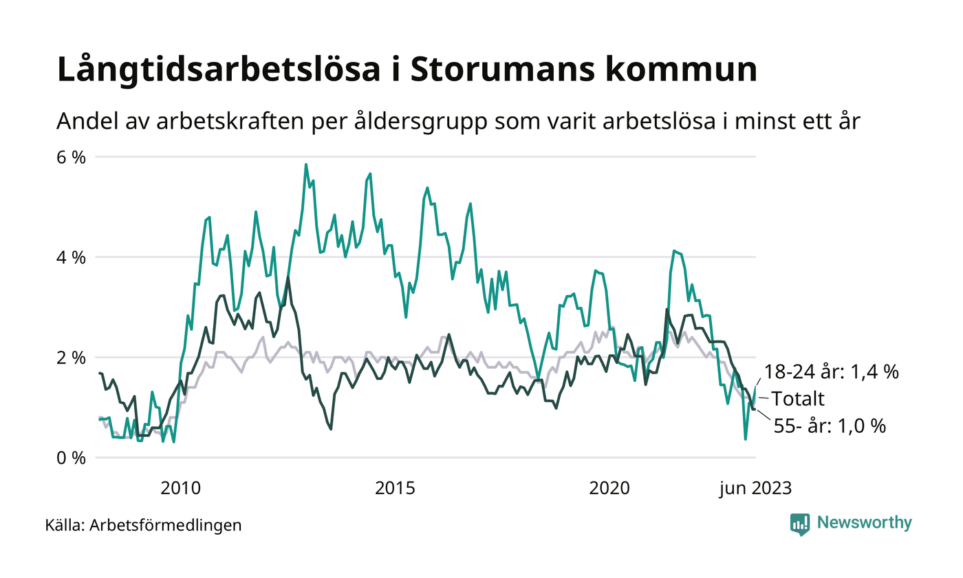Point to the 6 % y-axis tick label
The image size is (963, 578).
pos(71,157)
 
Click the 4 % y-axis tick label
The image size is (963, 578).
pos(71,257)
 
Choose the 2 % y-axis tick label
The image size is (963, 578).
pos(71,358)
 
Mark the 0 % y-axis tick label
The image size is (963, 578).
pos(71,458)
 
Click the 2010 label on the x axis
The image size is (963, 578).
pos(180,489)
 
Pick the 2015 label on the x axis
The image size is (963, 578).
pos(395,489)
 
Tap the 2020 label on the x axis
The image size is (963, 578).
pos(609,489)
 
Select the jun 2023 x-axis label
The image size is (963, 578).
pos(755,489)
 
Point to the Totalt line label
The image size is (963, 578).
pos(798,399)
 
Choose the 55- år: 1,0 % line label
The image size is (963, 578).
pos(830,426)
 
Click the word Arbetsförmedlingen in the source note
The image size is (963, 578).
pos(166,526)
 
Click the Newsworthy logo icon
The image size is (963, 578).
pos(800,524)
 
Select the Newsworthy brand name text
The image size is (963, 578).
pos(865,523)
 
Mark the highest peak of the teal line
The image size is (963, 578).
pos(306,164)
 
